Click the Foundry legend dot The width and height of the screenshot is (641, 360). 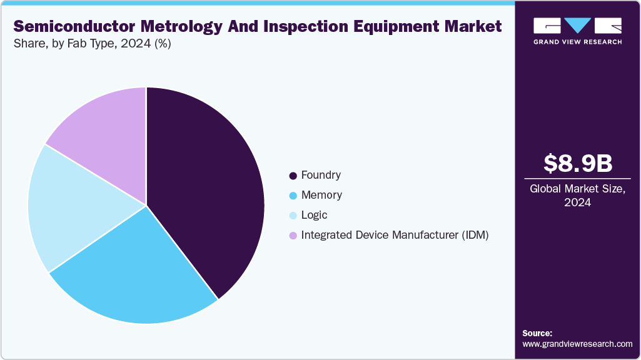coord(293,176)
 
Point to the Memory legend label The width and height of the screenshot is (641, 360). coord(321,195)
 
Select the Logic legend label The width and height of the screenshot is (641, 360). coord(314,215)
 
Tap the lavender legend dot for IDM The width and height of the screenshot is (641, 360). coord(293,236)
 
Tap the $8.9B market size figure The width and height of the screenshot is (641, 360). coord(577,163)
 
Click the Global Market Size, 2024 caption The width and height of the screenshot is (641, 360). coord(577,196)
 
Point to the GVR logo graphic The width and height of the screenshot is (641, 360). coord(577,26)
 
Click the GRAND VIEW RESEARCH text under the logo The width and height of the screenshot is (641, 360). coord(577,42)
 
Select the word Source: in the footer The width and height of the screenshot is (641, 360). coord(537,333)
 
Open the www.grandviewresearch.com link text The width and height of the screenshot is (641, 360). coord(577,344)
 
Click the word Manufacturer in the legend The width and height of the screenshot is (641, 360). coord(400,235)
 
